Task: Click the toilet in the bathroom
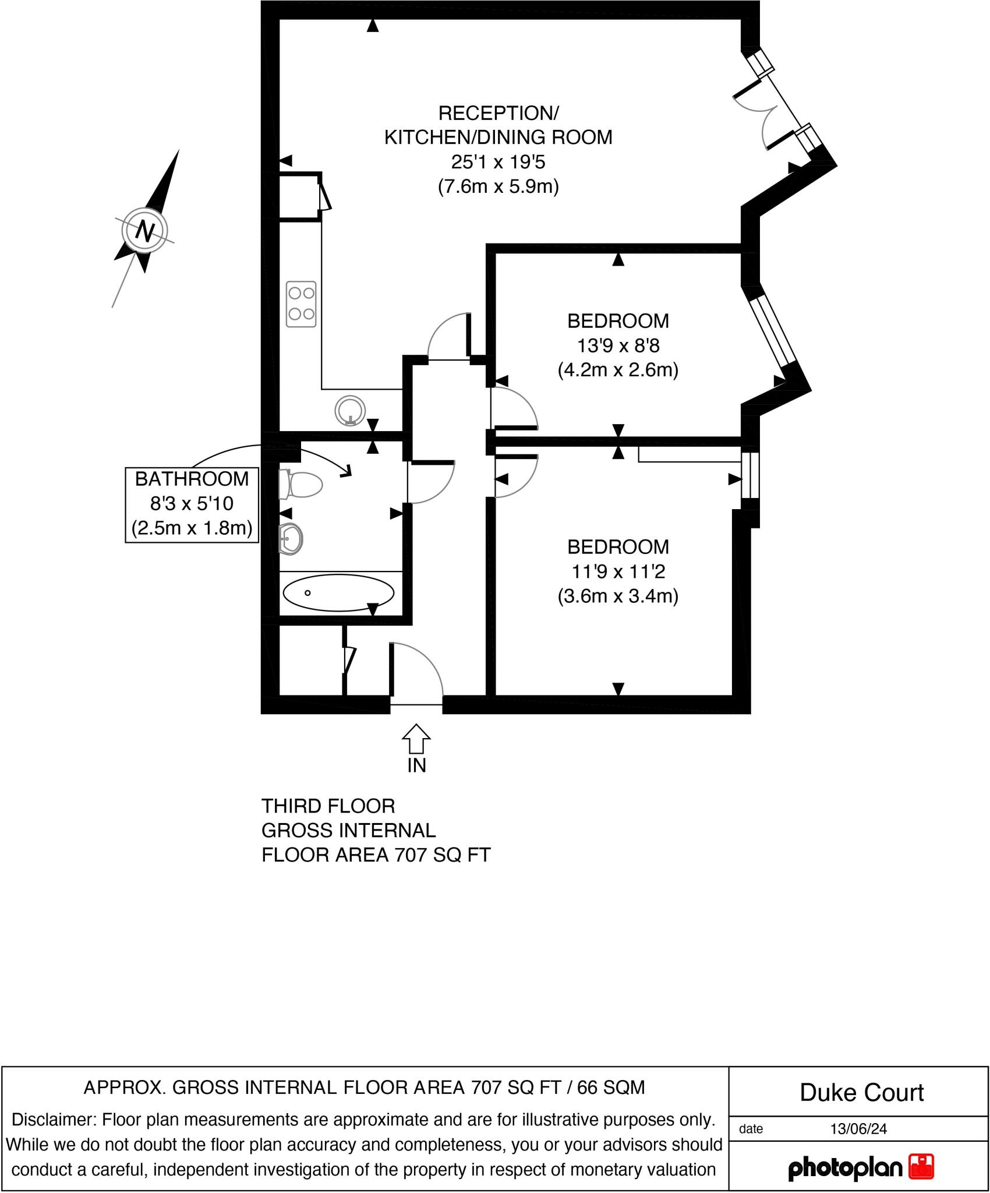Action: pyautogui.click(x=302, y=485)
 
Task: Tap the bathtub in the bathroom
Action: pyautogui.click(x=338, y=593)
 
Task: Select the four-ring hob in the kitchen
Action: pyautogui.click(x=301, y=304)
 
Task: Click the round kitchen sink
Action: pyautogui.click(x=350, y=411)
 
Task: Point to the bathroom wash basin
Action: pyautogui.click(x=291, y=538)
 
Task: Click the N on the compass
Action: pyautogui.click(x=144, y=231)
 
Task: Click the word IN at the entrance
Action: pyautogui.click(x=417, y=765)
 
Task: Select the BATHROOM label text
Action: pyautogui.click(x=192, y=479)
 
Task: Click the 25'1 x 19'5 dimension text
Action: pyautogui.click(x=498, y=162)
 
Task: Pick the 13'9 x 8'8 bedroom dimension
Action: pyautogui.click(x=618, y=346)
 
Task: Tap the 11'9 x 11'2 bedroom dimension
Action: pyautogui.click(x=618, y=571)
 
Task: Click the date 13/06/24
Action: pyautogui.click(x=858, y=1129)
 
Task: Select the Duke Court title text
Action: pyautogui.click(x=862, y=1093)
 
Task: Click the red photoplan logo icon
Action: pyautogui.click(x=921, y=1167)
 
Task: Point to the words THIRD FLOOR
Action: pyautogui.click(x=328, y=806)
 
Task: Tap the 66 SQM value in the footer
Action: pyautogui.click(x=611, y=1088)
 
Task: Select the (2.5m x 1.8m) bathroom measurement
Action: pyautogui.click(x=192, y=528)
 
